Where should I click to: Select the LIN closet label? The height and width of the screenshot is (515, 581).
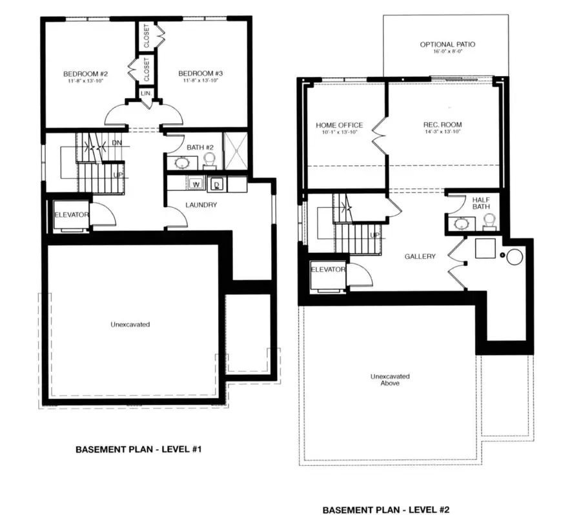click(147, 94)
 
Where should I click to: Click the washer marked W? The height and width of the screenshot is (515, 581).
click(196, 184)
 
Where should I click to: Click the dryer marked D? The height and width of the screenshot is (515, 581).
click(218, 184)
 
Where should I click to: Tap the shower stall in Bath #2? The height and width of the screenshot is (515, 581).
click(235, 151)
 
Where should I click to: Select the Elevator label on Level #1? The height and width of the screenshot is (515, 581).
click(71, 214)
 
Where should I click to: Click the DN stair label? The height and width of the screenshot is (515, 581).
click(117, 143)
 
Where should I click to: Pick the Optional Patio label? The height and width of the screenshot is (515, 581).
click(447, 45)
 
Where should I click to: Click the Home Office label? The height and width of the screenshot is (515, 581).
click(339, 125)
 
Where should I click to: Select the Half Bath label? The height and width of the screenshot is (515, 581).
click(481, 203)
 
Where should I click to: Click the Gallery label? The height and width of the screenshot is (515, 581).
click(420, 256)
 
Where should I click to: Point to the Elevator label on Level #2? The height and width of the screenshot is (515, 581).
click(329, 269)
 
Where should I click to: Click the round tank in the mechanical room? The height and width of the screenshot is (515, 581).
click(515, 257)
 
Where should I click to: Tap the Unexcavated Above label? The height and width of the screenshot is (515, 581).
click(389, 379)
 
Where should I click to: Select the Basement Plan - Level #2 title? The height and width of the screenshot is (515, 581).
click(385, 510)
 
